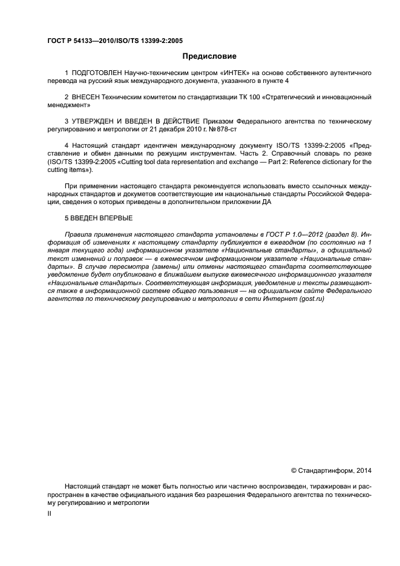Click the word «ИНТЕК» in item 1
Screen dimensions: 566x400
[223, 73]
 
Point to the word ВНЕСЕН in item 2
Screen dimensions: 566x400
[88, 97]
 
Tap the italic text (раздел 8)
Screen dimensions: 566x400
[336, 234]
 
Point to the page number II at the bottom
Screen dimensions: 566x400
[50, 514]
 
